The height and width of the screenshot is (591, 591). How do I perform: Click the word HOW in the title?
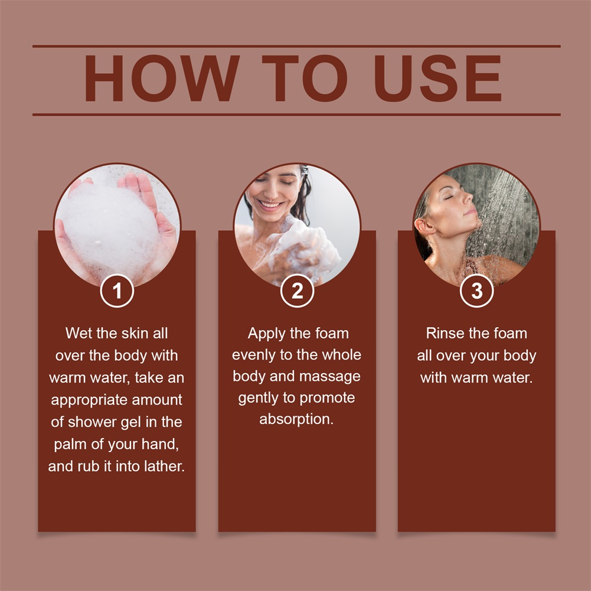coord(162,79)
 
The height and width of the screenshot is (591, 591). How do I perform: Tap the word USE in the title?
coord(437,79)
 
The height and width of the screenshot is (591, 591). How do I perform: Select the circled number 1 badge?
coord(117,290)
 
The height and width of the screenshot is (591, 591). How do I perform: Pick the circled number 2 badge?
coord(297,290)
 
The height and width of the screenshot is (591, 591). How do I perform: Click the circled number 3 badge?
coord(477,290)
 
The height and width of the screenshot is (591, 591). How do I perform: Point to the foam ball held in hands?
coord(110,229)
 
